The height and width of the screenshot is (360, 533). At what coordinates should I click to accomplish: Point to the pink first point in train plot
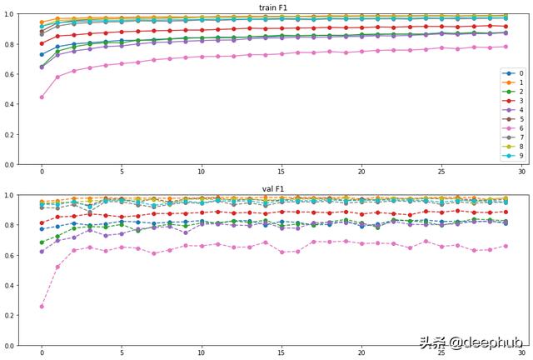coord(42,97)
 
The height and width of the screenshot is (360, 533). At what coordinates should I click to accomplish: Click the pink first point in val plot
coord(42,306)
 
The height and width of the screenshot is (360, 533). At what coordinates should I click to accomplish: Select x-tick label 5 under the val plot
coord(122,354)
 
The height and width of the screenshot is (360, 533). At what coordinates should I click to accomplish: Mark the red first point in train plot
coord(42,43)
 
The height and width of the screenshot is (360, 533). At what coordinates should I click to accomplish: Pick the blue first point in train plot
coord(42,54)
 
